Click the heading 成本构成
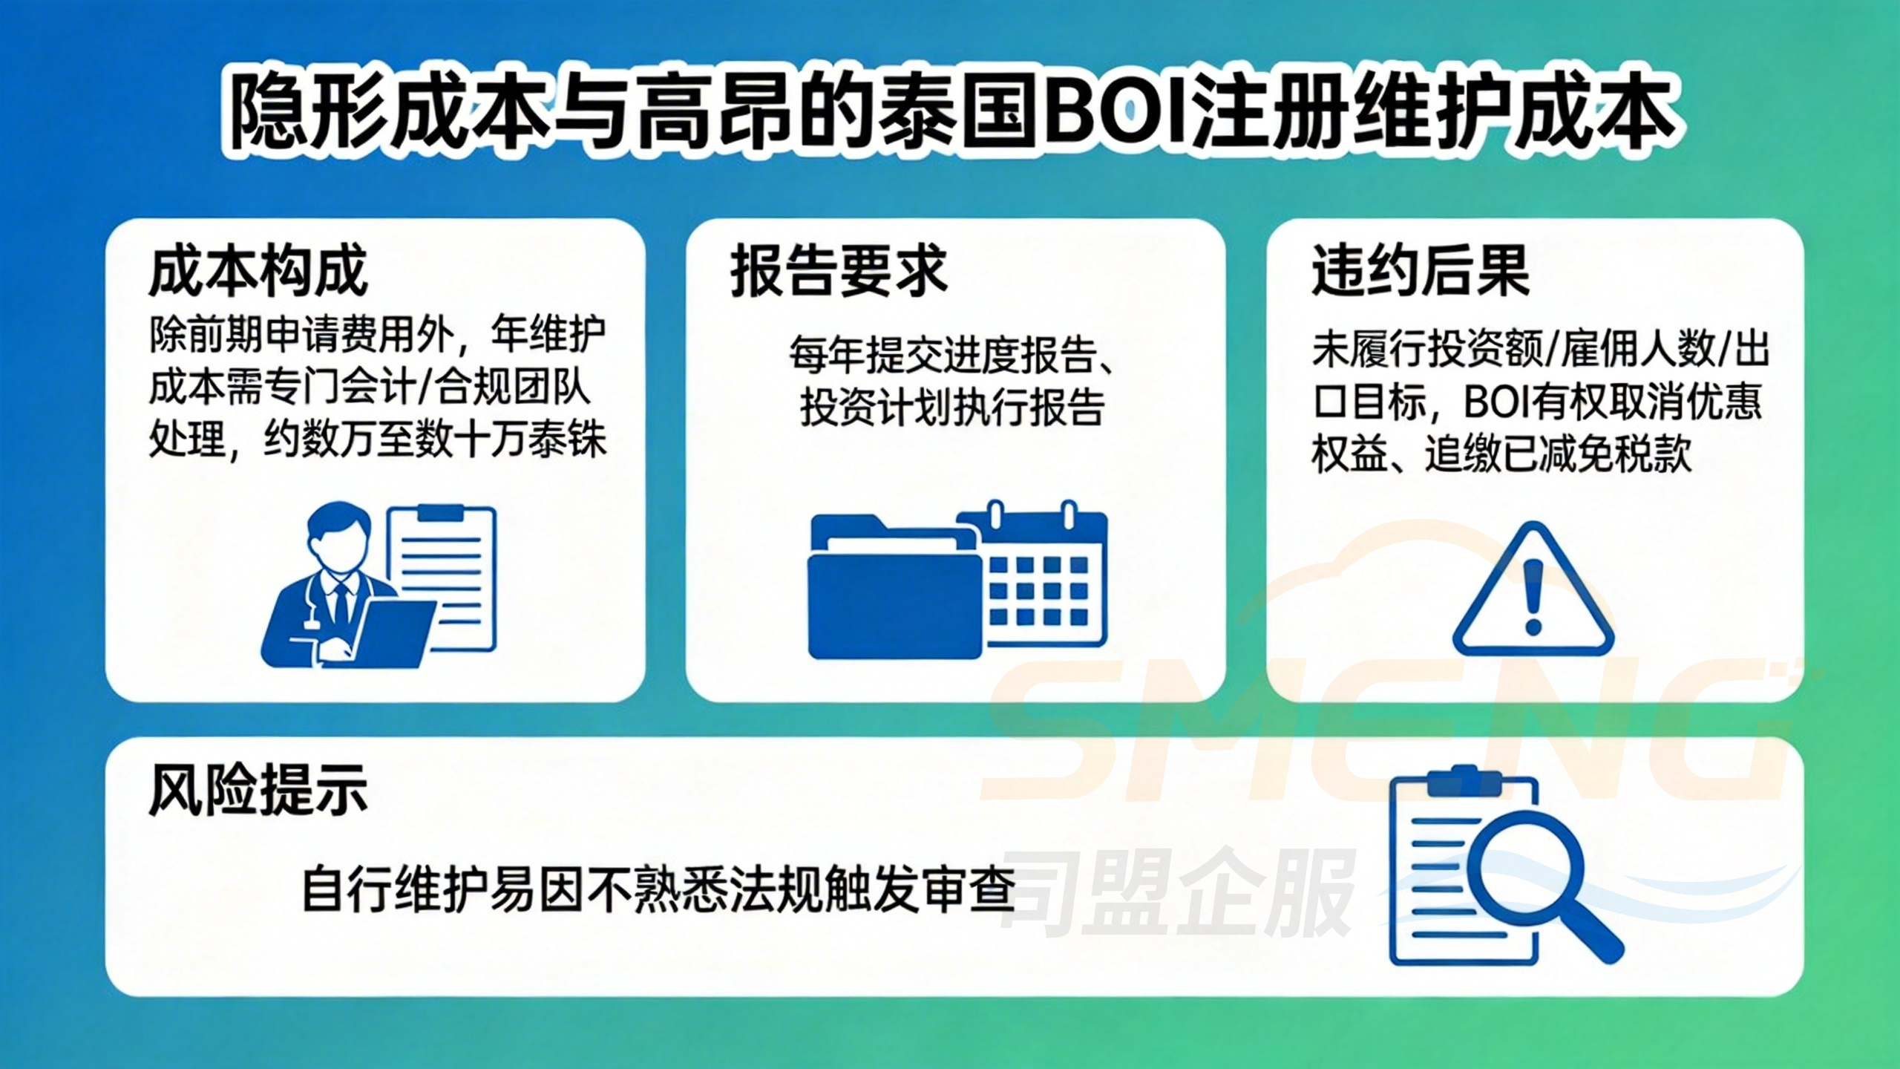tap(258, 271)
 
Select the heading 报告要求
tap(839, 271)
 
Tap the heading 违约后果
tap(1421, 271)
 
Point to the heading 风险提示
tap(258, 791)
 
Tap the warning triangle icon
tap(1533, 594)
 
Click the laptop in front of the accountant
tap(393, 631)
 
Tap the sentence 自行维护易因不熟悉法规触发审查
tap(658, 889)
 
